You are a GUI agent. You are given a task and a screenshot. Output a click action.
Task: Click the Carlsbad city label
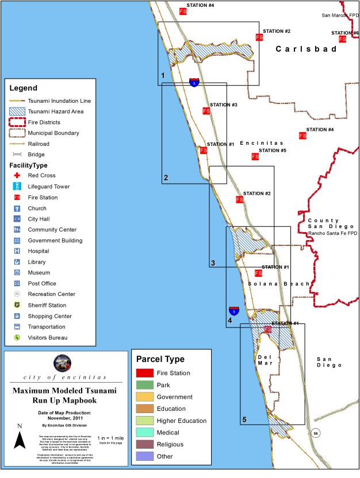tap(305, 49)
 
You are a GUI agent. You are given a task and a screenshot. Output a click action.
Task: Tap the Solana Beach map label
tap(279, 284)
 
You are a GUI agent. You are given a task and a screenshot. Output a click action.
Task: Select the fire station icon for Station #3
tap(205, 111)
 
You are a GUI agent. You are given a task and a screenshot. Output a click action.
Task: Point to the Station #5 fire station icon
tap(255, 156)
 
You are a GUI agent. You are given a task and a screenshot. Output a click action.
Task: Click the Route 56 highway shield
tap(315, 432)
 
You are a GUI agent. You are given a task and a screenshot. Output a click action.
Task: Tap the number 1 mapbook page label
tap(163, 76)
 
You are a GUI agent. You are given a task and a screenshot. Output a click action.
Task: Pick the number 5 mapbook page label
tap(244, 420)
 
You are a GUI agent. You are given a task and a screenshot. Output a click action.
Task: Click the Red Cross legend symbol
tap(17, 175)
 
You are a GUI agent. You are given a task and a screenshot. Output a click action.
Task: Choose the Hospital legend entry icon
tap(17, 251)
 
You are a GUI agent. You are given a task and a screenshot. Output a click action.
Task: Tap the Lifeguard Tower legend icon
tap(17, 186)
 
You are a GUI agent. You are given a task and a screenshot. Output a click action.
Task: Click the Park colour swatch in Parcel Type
tap(144, 385)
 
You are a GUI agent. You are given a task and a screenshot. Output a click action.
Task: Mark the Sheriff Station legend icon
tap(17, 305)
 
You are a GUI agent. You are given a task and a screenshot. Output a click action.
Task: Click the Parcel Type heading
tap(160, 359)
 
